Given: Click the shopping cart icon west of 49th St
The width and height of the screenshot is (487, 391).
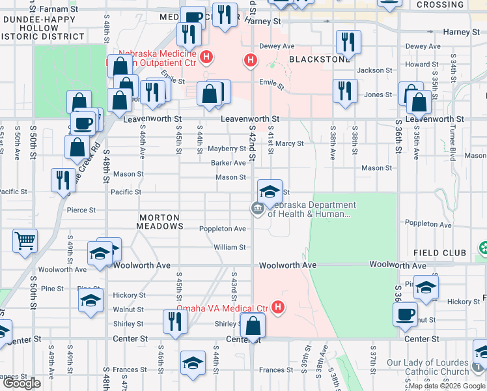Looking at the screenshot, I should tap(25, 240).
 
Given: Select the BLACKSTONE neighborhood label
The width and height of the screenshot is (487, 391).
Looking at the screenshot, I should tap(319, 59).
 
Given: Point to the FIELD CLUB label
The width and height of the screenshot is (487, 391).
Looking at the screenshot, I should tap(439, 253).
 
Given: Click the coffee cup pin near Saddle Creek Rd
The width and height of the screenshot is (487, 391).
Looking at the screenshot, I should tap(83, 122).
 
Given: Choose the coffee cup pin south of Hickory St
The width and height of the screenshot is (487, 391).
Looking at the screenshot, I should tap(405, 313).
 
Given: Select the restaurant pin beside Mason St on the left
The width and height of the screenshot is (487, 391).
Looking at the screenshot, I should tap(63, 179).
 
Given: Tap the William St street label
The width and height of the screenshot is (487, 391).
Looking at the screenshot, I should tap(230, 247).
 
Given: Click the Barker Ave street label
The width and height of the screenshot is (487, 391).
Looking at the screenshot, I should tap(227, 163).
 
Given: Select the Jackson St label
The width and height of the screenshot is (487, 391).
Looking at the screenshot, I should tap(370, 70).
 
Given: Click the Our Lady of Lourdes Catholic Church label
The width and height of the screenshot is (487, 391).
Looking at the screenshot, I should tap(428, 367).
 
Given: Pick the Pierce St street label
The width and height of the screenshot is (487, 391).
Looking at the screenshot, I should tap(81, 210).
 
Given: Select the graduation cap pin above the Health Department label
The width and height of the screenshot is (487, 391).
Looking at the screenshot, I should tap(270, 192).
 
